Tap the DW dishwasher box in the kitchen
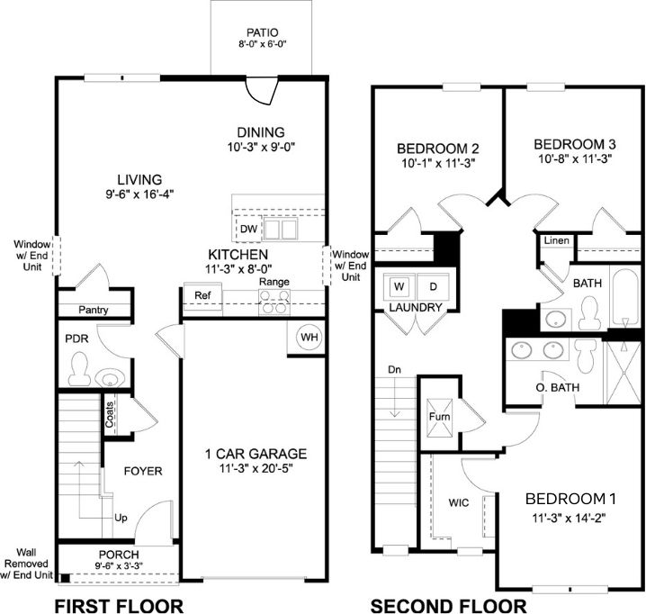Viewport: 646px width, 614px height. coord(248,230)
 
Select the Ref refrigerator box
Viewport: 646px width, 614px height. coord(202,295)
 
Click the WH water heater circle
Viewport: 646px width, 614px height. coord(310,338)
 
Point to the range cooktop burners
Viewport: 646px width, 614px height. coord(274,303)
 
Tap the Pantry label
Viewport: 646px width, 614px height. coord(93,310)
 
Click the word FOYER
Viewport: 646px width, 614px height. coord(142,469)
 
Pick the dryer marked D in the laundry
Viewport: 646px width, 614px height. coord(432,287)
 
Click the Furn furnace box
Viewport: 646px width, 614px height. coord(440,418)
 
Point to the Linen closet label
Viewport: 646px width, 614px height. coord(555,241)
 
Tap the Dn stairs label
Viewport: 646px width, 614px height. coord(393,370)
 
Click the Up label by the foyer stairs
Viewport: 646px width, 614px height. coord(120,519)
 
